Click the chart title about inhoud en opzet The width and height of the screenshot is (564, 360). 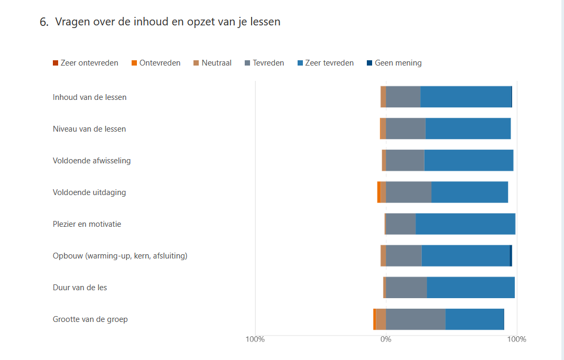160,22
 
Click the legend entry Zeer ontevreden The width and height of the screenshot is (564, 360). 86,63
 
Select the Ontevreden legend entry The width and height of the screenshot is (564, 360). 156,63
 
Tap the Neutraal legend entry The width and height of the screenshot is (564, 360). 212,63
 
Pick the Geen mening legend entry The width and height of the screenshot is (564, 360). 394,63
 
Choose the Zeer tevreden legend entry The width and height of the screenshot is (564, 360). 326,63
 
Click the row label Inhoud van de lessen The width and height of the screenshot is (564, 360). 89,97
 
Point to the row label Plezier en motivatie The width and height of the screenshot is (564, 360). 87,224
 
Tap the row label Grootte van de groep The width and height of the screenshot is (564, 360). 90,319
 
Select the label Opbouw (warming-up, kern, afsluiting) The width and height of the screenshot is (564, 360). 120,256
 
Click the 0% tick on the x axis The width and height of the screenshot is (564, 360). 386,339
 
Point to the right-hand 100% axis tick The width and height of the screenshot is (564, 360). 517,339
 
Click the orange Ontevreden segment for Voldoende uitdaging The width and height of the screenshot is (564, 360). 379,192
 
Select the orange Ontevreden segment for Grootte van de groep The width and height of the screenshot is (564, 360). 375,319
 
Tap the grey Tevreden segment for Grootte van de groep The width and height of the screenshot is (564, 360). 416,319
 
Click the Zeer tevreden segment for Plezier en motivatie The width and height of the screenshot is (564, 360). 466,224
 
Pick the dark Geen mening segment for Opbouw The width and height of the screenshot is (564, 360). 511,256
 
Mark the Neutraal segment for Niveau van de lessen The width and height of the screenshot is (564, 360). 383,128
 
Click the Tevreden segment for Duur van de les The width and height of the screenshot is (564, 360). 406,288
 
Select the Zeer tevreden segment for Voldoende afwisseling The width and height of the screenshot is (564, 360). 469,160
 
